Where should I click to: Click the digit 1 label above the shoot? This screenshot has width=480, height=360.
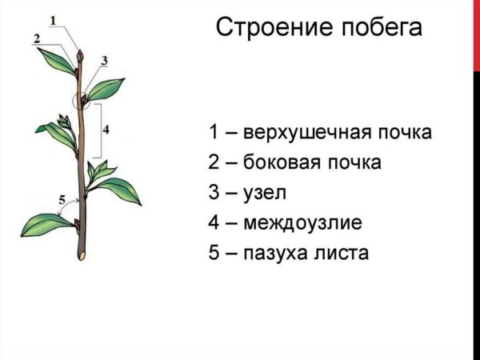coord(52,20)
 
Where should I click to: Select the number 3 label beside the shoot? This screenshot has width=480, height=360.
coord(104,61)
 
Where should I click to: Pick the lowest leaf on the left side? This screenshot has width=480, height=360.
coord(45,224)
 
